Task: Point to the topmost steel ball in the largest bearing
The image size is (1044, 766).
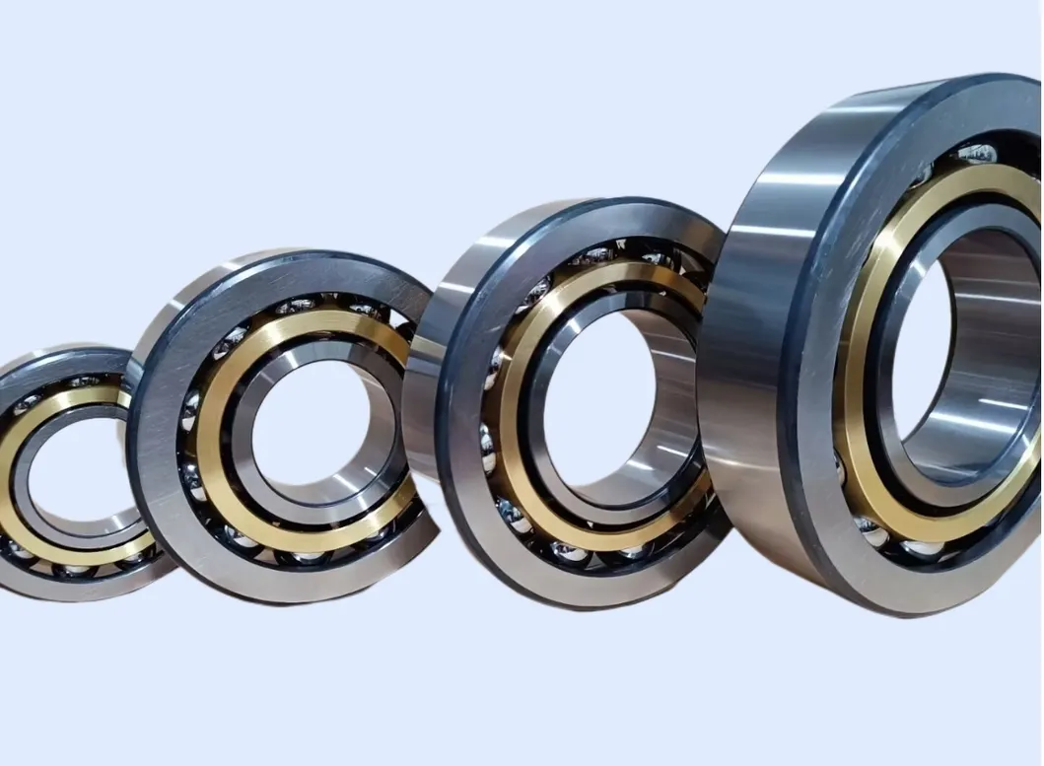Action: [x=976, y=152]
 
